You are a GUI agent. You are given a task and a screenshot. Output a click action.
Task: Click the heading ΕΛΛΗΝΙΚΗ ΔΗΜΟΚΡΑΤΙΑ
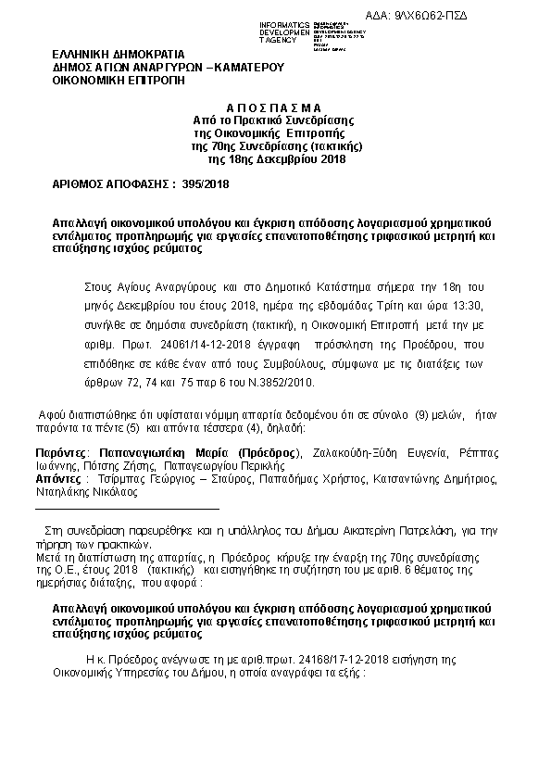pos(118,55)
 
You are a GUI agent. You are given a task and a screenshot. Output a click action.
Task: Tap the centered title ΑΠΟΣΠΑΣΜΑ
pos(276,108)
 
